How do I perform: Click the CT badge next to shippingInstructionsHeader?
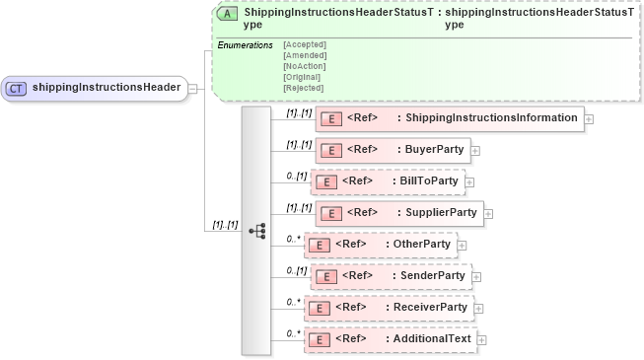click(17, 88)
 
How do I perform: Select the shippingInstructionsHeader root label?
click(107, 88)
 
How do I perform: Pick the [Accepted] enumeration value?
click(304, 44)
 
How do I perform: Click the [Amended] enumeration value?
click(304, 55)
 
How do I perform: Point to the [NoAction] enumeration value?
click(305, 66)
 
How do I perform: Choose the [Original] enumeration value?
click(302, 77)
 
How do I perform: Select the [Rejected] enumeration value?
click(303, 88)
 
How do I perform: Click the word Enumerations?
click(244, 44)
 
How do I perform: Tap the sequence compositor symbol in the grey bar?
click(256, 230)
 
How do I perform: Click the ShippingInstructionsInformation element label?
click(490, 118)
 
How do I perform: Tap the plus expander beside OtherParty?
click(462, 245)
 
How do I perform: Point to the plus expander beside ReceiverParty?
click(479, 308)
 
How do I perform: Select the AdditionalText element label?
click(431, 339)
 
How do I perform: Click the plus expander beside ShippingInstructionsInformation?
click(589, 118)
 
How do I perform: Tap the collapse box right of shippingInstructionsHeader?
click(193, 88)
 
